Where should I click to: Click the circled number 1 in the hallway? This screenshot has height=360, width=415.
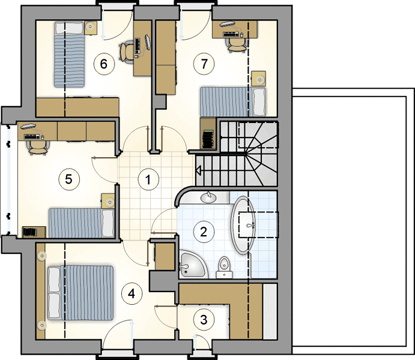[x=148, y=179]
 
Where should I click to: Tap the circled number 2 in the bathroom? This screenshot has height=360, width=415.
[x=204, y=232]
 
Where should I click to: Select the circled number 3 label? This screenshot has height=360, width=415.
[x=204, y=320]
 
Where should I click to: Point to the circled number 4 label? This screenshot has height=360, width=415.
[x=132, y=293]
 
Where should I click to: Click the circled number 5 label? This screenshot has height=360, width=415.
[x=68, y=179]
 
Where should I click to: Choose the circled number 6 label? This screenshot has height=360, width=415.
[x=104, y=64]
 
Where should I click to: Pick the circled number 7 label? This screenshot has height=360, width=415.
[x=204, y=64]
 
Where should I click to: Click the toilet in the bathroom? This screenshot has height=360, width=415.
[x=224, y=268]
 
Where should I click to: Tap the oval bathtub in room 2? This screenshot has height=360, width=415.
[x=243, y=226]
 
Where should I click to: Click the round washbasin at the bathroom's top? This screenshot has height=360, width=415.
[x=208, y=197]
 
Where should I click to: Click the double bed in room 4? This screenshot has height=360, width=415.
[x=80, y=293]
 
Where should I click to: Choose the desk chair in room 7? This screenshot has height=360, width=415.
[x=237, y=44]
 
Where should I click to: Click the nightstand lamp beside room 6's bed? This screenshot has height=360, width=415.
[x=90, y=26]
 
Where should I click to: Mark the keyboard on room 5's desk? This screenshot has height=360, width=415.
[x=32, y=136]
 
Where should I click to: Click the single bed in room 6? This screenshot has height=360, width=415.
[x=69, y=55]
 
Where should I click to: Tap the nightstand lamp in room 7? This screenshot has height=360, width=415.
[x=259, y=79]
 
